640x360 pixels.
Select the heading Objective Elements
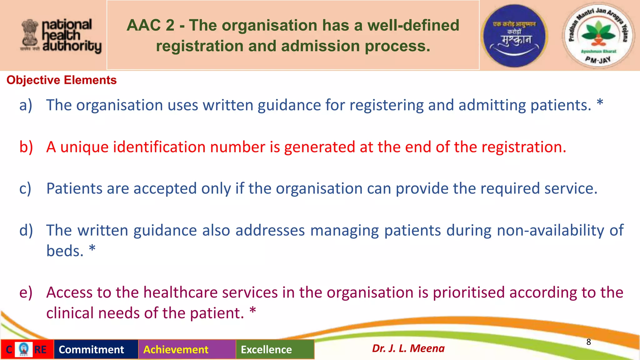pyautogui.click(x=62, y=80)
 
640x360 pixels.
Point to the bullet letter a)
pyautogui.click(x=26, y=105)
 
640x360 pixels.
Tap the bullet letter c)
pyautogui.click(x=25, y=189)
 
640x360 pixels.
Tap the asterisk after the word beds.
pyautogui.click(x=92, y=249)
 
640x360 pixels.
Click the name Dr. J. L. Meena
pyautogui.click(x=408, y=348)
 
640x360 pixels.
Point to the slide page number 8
pyautogui.click(x=588, y=342)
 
